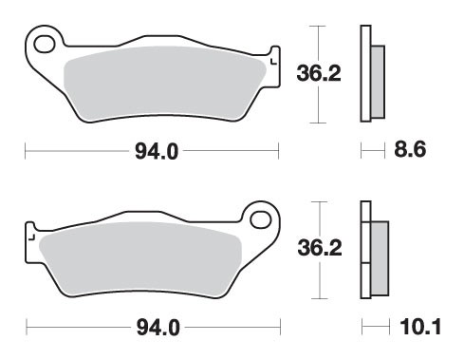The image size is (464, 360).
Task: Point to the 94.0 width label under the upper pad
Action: [154, 150]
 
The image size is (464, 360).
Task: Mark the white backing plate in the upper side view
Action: [363, 74]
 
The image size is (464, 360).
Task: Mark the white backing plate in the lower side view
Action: [363, 252]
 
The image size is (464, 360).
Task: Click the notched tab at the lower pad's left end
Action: [30, 233]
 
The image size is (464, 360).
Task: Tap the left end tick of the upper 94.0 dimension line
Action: [25, 150]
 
